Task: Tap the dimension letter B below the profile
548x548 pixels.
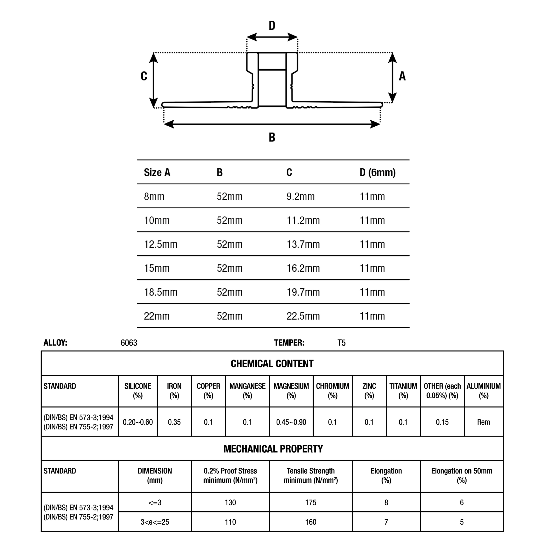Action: click(272, 137)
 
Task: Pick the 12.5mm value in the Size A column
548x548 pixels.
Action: click(161, 244)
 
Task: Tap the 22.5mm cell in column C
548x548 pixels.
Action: click(303, 316)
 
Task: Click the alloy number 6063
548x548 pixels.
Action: click(129, 343)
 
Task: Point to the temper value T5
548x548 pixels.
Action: click(341, 343)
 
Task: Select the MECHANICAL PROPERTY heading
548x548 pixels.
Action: click(273, 449)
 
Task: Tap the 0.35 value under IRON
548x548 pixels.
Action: click(174, 422)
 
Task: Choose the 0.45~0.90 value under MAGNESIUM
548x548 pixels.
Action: click(291, 422)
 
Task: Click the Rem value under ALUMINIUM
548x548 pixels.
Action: click(483, 422)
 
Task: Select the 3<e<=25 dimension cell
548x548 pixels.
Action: click(155, 522)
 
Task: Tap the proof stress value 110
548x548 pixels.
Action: click(230, 522)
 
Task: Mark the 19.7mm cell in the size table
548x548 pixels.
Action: click(303, 292)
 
